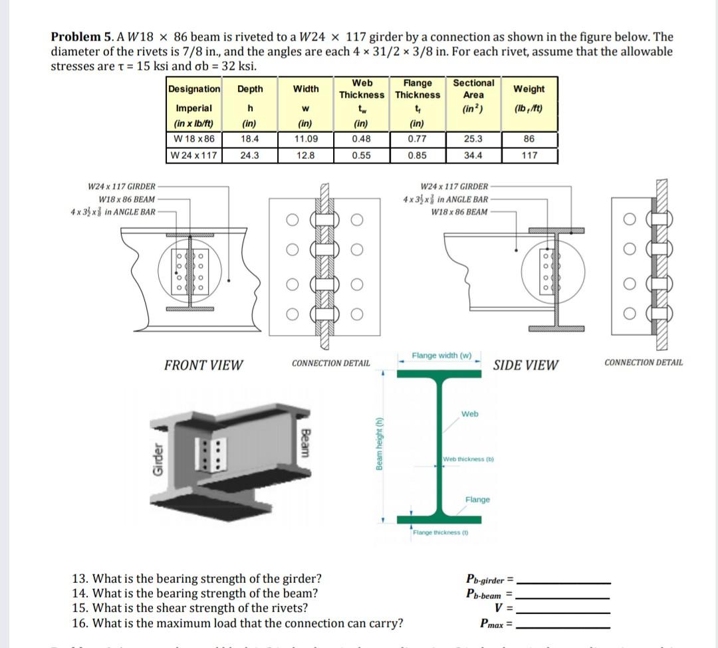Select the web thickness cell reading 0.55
pos(362,156)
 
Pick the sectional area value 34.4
pos(473,156)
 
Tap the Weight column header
pos(529,89)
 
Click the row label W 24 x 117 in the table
pos(193,156)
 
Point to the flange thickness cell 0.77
pos(418,140)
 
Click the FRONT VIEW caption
pos(203,365)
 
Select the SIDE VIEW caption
pos(526,365)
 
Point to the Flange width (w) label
pos(441,356)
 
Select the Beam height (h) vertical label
pos(379,445)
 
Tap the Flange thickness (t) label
pos(441,532)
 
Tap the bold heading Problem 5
pos(78,37)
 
